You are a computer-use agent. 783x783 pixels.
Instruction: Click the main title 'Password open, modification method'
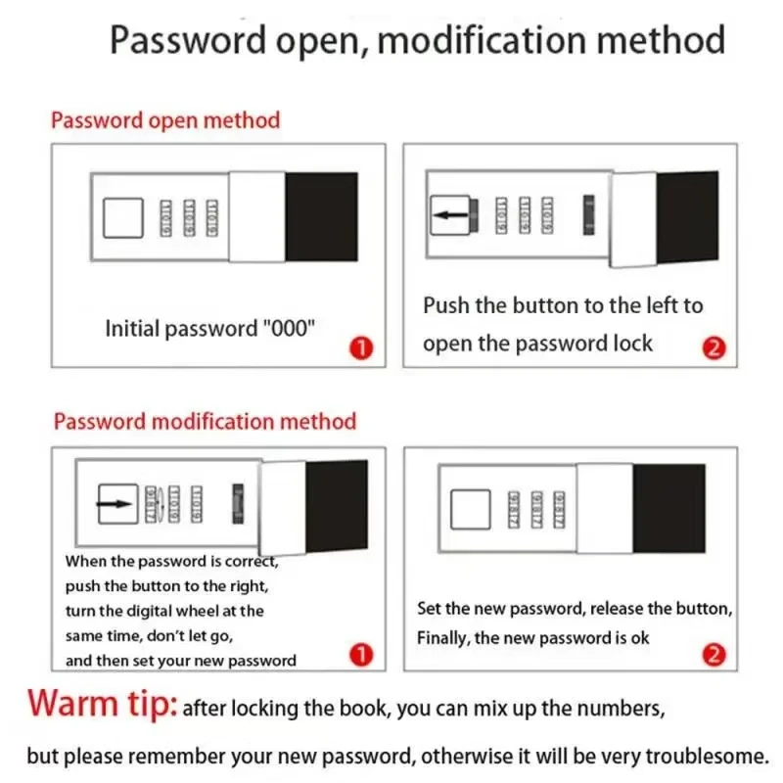coord(417,40)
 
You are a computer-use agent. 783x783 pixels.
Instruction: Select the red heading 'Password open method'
coord(165,120)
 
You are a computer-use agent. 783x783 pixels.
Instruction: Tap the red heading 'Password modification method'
coord(205,422)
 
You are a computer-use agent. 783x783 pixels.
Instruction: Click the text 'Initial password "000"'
coord(209,329)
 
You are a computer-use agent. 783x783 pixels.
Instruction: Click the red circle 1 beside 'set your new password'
coord(361,655)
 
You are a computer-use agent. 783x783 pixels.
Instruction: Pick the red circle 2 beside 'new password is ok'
coord(714,655)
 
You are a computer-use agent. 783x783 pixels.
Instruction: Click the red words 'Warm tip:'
coord(102,705)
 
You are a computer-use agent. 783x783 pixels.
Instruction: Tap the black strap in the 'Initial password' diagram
coord(321,216)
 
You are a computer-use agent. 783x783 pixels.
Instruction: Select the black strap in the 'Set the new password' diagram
coord(668,508)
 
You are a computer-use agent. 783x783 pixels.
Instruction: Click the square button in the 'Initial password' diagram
coord(123,216)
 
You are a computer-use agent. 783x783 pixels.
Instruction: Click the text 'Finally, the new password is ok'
coord(532,638)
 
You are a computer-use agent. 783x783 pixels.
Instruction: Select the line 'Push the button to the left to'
coord(563,305)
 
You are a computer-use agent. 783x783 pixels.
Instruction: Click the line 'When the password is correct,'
coord(172,562)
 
